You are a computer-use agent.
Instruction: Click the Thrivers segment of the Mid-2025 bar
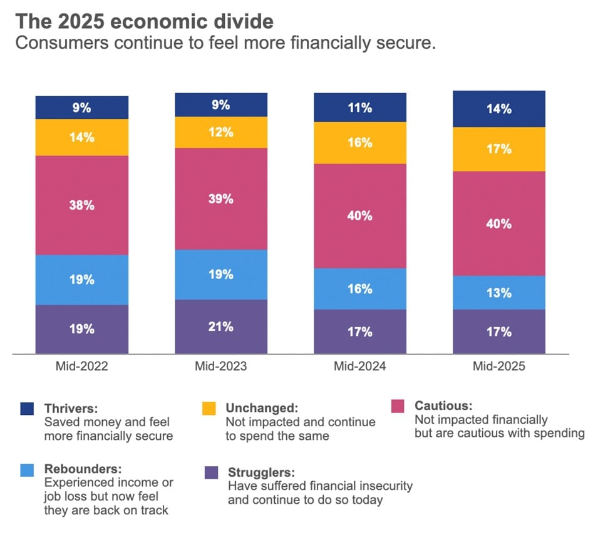tap(499, 109)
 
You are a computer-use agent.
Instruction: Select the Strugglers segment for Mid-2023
tap(222, 327)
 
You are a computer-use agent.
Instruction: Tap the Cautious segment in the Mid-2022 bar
tap(82, 205)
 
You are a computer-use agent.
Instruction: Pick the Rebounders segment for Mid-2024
tap(360, 288)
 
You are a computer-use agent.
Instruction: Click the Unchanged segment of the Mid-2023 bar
tap(222, 132)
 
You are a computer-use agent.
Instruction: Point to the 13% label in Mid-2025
tap(499, 293)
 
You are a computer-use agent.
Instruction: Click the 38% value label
tap(82, 205)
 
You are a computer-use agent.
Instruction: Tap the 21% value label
tap(222, 327)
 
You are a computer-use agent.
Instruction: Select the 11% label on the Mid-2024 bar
tap(360, 108)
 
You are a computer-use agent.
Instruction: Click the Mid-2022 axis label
tap(82, 367)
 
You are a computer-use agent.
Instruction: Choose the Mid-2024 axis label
tap(360, 367)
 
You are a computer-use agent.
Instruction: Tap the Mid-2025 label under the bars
tap(499, 367)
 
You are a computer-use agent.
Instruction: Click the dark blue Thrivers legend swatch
tap(26, 409)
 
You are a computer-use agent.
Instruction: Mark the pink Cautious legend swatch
tap(397, 407)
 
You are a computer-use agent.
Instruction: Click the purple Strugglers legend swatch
tap(212, 472)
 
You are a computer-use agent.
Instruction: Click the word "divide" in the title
tap(241, 22)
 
